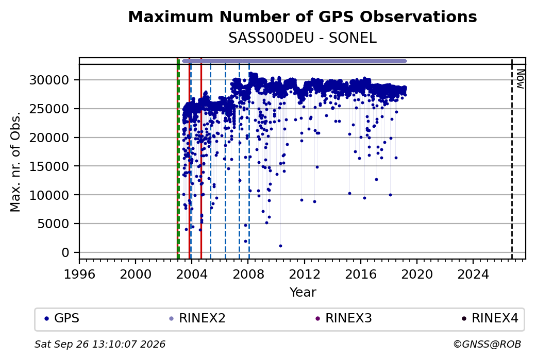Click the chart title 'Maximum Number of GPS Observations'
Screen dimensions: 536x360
click(x=303, y=16)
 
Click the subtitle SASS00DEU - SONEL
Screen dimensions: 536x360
click(x=303, y=38)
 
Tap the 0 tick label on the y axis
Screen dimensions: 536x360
click(x=65, y=253)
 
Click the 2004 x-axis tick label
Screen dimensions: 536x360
click(x=192, y=275)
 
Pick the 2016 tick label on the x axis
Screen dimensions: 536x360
click(x=361, y=275)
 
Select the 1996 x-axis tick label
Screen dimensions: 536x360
click(x=79, y=275)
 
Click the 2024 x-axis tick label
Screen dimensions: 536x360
click(x=473, y=275)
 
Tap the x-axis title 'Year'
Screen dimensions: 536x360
click(x=303, y=293)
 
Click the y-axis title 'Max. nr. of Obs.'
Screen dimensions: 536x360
click(x=15, y=162)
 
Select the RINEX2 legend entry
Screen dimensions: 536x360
click(x=197, y=318)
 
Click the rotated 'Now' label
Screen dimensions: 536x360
click(x=520, y=79)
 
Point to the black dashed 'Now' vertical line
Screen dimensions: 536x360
click(x=512, y=159)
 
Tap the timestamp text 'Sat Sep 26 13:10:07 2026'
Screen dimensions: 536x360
click(x=100, y=344)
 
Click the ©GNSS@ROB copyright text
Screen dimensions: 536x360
click(x=487, y=344)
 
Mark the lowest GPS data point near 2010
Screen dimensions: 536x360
click(x=280, y=246)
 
